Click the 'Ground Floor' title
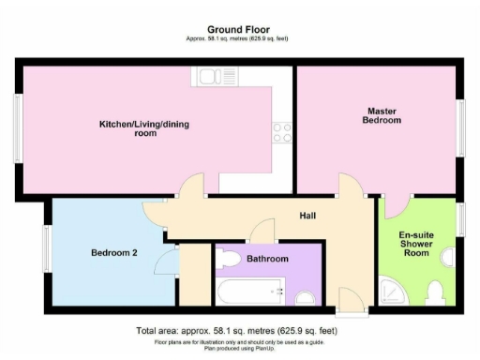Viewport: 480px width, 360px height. pos(240,29)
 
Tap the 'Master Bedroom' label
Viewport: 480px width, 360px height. pos(383,115)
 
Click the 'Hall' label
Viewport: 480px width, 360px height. pos(307,216)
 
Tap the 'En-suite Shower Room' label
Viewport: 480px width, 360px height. pos(414,244)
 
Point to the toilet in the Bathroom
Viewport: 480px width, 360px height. pos(306,297)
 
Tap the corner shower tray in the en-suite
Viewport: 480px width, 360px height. pos(389,294)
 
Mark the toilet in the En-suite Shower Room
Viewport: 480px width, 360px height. pos(434,292)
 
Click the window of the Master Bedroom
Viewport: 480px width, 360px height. pos(461,127)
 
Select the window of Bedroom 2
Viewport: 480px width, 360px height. pos(46,250)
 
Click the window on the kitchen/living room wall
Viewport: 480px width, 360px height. pos(17,127)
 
